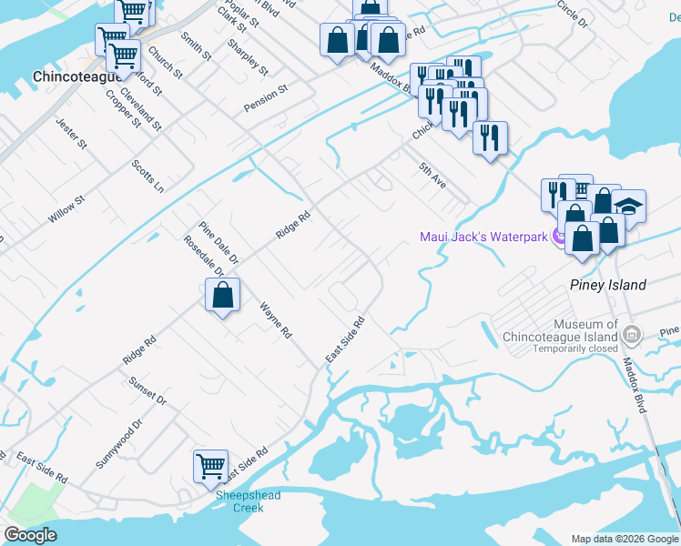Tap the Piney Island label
click(x=607, y=285)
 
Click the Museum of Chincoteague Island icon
click(x=632, y=337)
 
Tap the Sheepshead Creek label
click(x=248, y=501)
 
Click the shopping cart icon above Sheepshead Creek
click(x=210, y=465)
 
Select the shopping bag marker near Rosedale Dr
click(x=222, y=296)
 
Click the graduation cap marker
click(x=628, y=206)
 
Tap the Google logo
click(x=30, y=535)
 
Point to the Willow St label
click(x=66, y=209)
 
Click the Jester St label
click(x=70, y=133)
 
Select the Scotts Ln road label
click(x=147, y=175)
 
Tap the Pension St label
click(x=265, y=99)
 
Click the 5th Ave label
click(x=432, y=176)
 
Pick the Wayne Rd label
click(x=275, y=319)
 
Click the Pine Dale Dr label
click(x=219, y=243)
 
